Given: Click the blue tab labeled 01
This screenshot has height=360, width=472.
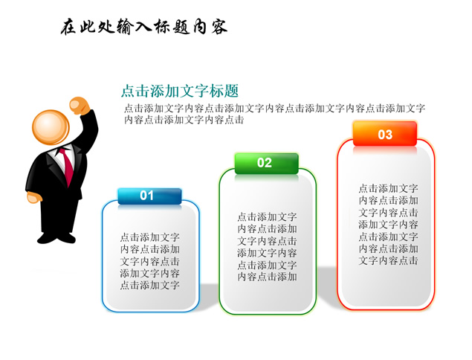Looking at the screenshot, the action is pos(149,196).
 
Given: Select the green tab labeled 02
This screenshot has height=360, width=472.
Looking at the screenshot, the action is pos(266,164).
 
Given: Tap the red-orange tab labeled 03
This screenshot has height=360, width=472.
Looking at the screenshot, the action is pos(385,134).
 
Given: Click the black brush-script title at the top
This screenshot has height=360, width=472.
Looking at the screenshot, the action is pos(144,27).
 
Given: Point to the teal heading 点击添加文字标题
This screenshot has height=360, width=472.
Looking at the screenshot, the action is pos(180,91).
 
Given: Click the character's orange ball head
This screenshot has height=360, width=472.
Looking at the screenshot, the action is pos(51,127).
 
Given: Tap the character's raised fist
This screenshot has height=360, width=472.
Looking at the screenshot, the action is pos(80,106).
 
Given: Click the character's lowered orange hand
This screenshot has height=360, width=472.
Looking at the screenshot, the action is pos(34,198).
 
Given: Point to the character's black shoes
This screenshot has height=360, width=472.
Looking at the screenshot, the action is pos(56,238).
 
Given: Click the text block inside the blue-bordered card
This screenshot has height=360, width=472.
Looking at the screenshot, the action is pos(150,261).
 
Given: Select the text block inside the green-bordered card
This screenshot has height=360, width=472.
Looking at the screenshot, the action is pos(267,247).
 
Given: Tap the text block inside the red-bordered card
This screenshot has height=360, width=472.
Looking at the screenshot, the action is pos(388,225).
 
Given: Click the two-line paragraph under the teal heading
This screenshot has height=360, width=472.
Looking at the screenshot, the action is pos(274,114).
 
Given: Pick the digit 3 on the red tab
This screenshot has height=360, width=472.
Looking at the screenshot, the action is pos(389,135).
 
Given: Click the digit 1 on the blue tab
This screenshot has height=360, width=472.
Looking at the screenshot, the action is pos(151,196).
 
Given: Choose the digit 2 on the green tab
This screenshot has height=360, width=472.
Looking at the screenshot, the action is pos(268,163).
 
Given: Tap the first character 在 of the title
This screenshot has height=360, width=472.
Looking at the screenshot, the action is pos(68,27).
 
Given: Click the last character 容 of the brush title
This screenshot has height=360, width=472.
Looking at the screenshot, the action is pos(219,27).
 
